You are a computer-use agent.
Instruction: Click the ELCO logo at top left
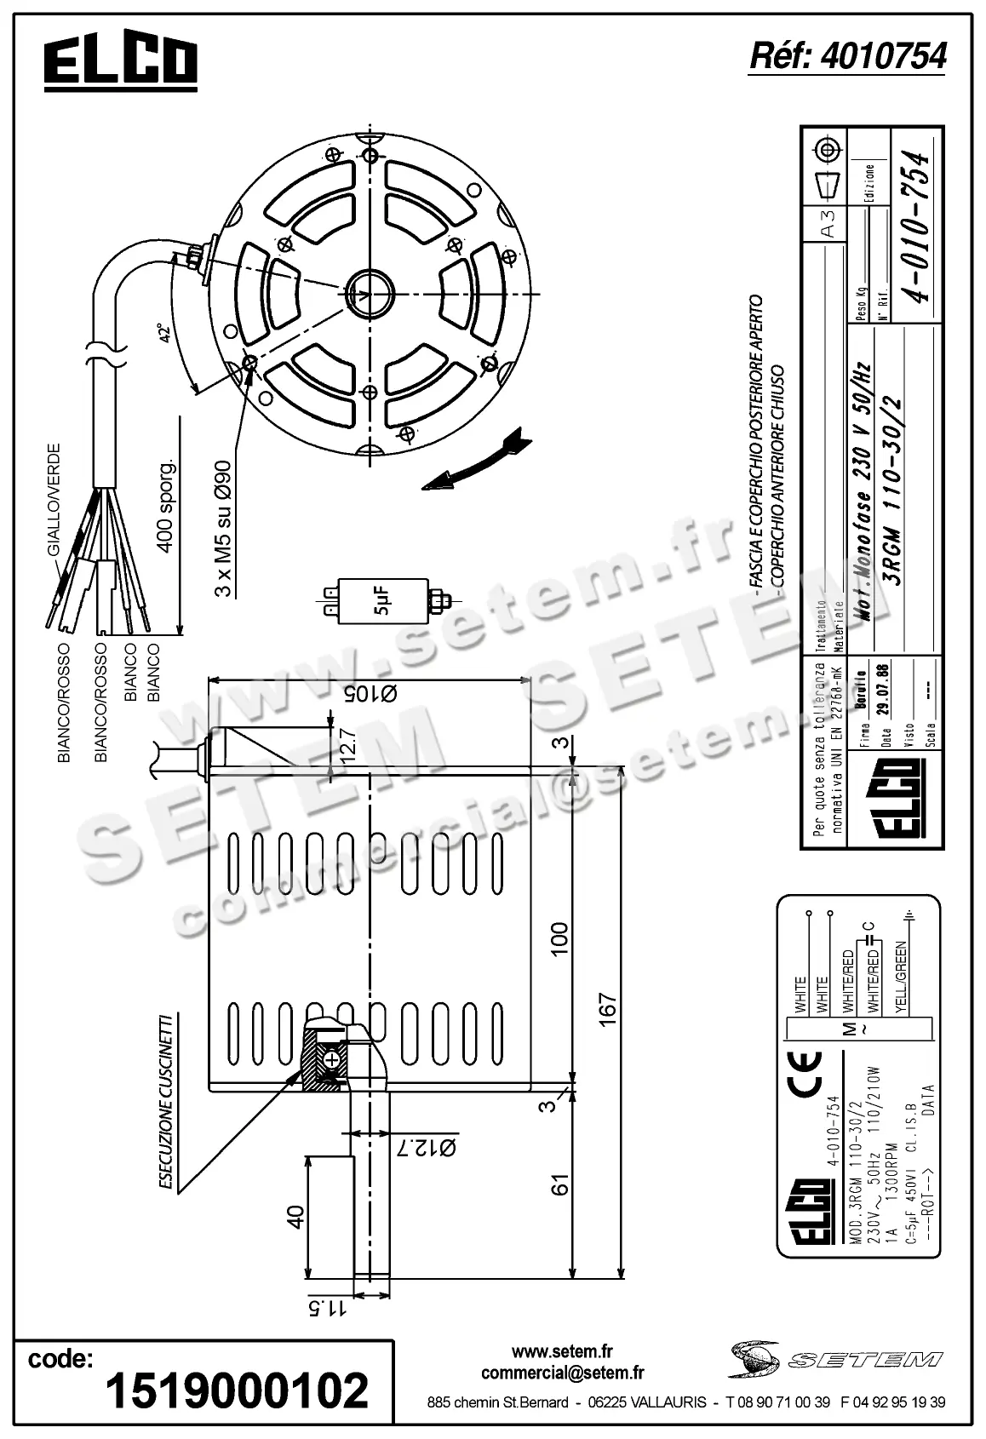coord(120,63)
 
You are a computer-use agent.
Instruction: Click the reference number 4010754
coord(846,56)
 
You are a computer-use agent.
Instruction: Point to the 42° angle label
coord(164,331)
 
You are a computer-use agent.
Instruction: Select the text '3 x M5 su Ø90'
coord(224,527)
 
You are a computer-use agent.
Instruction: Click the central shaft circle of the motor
coord(369,294)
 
